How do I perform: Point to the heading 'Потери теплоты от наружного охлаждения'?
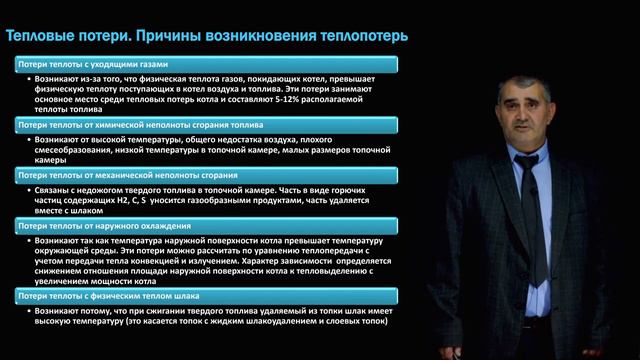[x=87, y=227]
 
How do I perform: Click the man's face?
[x=524, y=116]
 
